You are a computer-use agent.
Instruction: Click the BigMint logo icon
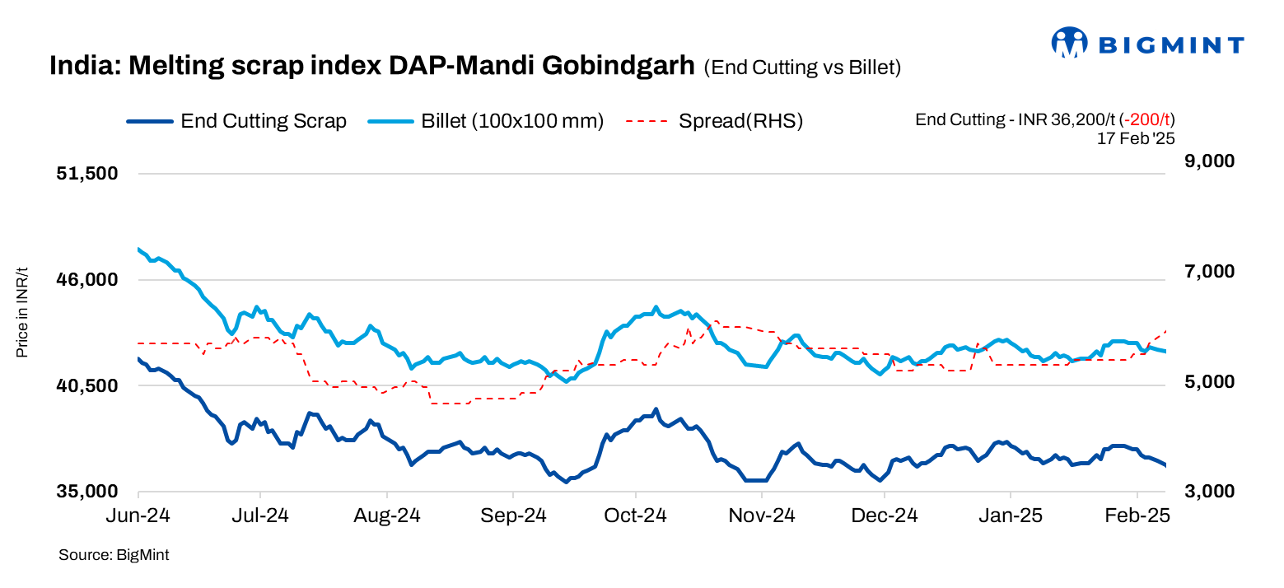click(1070, 43)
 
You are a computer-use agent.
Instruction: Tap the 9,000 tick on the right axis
click(1210, 161)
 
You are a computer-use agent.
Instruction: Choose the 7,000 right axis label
click(1210, 272)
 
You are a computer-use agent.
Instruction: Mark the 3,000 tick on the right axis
click(1210, 492)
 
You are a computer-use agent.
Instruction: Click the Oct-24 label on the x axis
click(635, 516)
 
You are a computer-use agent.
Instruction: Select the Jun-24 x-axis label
click(138, 516)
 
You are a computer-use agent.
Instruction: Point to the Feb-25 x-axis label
click(1137, 516)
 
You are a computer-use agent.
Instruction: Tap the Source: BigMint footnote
click(114, 555)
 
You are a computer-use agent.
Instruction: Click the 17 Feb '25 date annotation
click(1135, 138)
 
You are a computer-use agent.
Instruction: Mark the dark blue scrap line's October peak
click(656, 409)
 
